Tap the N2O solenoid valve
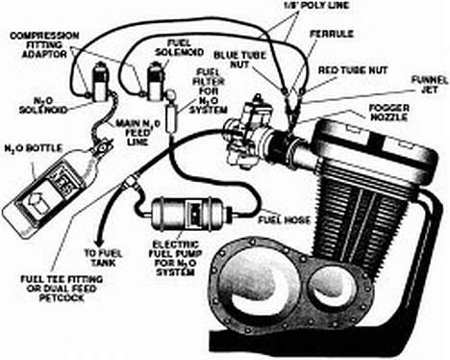click(98, 81)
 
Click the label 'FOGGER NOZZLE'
click(389, 113)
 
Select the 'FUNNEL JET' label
click(430, 84)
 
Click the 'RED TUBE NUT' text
click(353, 70)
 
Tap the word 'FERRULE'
click(332, 34)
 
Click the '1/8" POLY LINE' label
click(316, 5)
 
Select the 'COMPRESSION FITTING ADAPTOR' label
click(44, 44)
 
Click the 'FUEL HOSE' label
click(285, 219)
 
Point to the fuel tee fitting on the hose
click(132, 182)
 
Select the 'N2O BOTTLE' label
click(34, 148)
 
